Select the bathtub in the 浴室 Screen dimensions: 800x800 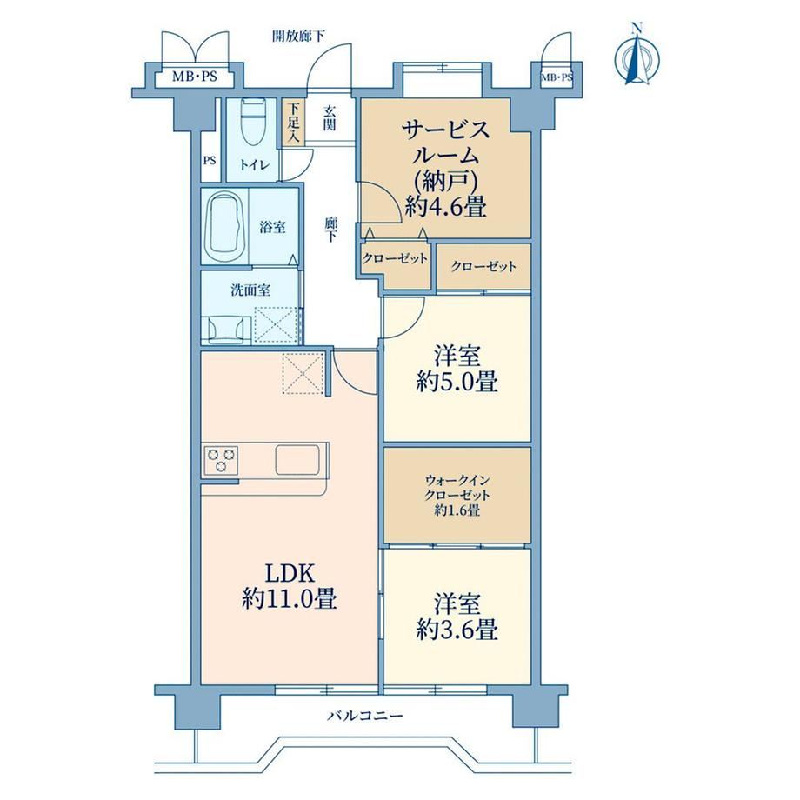[x=224, y=225]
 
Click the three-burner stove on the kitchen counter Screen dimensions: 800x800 [x=221, y=458]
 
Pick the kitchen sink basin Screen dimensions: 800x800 [x=298, y=460]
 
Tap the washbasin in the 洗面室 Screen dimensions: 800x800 [x=224, y=330]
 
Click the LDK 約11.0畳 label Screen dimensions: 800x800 [x=290, y=586]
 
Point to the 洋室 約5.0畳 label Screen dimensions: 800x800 [x=457, y=369]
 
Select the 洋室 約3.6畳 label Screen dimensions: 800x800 [x=457, y=617]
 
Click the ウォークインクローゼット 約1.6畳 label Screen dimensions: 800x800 [x=457, y=495]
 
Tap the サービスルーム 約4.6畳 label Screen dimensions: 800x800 [x=445, y=169]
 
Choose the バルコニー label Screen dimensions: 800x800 [x=365, y=716]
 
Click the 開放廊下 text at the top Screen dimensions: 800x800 [x=298, y=36]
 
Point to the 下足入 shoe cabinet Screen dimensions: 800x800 [x=294, y=123]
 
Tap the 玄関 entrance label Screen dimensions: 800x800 [x=330, y=118]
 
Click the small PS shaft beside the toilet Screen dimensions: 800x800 [x=210, y=161]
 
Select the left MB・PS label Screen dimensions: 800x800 [x=195, y=77]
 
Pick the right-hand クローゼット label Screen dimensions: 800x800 [x=483, y=266]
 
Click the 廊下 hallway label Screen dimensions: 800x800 [x=331, y=230]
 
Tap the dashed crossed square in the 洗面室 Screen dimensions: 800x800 [x=276, y=324]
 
